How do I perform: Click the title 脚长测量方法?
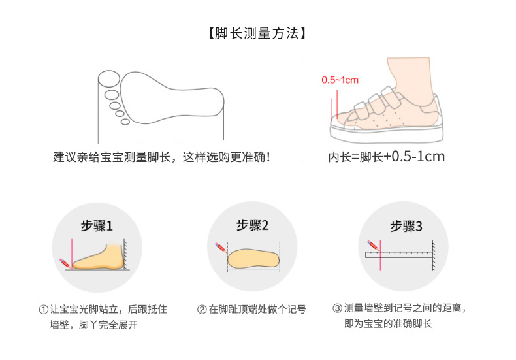257,33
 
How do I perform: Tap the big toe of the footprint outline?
109,78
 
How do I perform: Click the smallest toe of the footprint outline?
125,122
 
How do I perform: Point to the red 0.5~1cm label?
340,80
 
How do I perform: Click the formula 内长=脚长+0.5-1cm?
386,157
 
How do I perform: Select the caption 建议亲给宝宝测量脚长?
112,157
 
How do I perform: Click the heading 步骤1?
97,226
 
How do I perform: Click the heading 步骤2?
252,225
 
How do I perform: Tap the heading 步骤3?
406,226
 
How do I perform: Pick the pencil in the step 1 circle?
65,263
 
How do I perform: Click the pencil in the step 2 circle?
221,248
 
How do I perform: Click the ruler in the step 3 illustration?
398,254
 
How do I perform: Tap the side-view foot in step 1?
98,257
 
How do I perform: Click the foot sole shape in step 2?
253,258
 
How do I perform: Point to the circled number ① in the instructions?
44,309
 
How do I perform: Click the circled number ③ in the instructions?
338,308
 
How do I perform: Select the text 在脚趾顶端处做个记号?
257,309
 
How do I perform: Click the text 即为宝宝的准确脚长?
388,323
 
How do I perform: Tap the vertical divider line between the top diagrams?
302,112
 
